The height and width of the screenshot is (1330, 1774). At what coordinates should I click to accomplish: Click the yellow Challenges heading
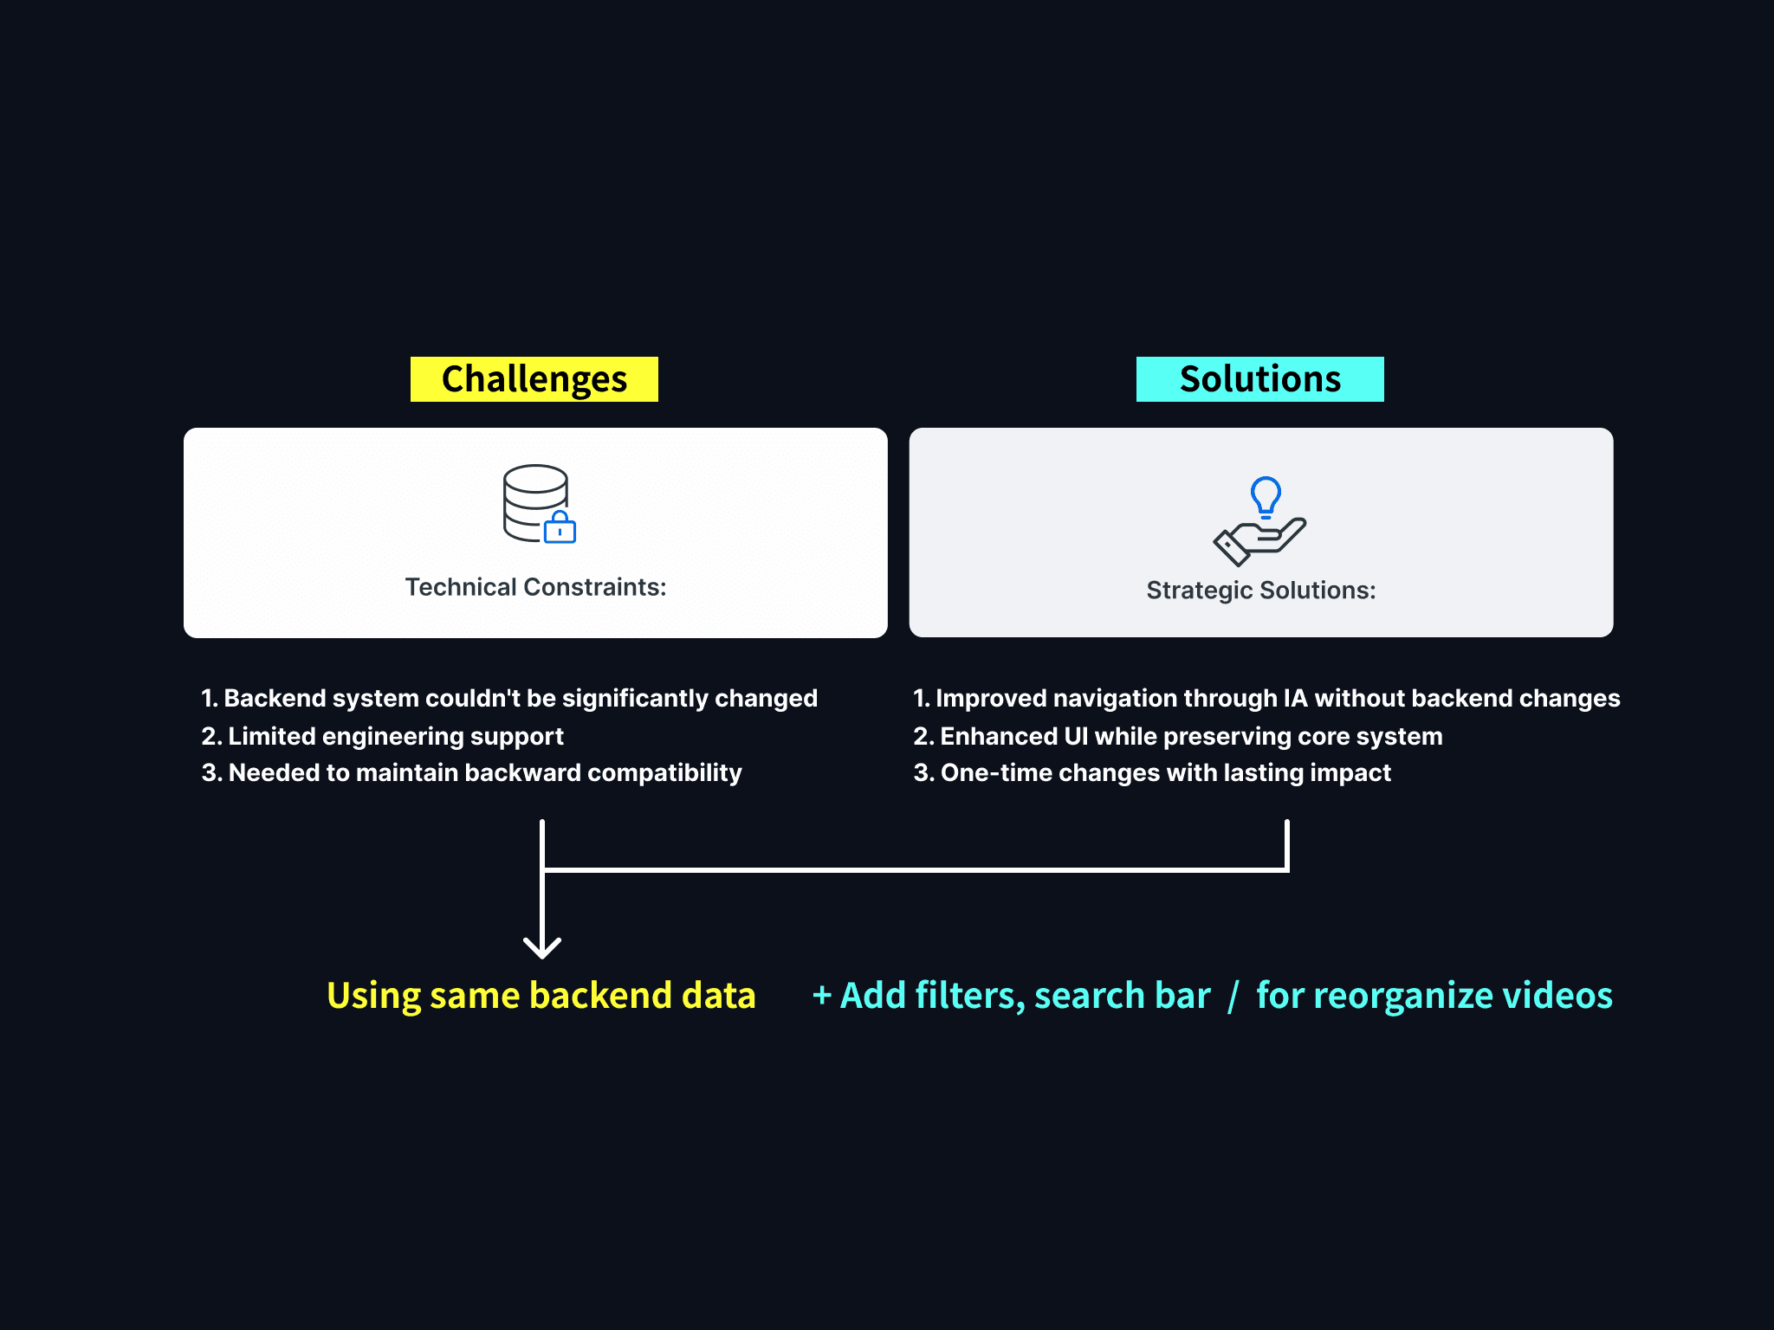click(534, 379)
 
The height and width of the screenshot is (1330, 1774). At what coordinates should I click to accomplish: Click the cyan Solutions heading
click(1259, 379)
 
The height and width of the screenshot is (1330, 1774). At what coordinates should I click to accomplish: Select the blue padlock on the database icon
click(560, 527)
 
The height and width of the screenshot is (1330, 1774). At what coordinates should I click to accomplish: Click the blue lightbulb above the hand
click(1266, 496)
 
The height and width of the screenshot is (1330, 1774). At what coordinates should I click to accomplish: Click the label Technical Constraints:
click(535, 587)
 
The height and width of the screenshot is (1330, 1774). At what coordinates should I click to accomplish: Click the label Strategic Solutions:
click(1260, 591)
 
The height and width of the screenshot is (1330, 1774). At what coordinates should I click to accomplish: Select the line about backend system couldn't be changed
click(509, 698)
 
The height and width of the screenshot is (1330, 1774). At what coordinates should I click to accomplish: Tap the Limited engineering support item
click(382, 736)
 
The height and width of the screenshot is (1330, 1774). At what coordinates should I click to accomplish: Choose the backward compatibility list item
click(471, 772)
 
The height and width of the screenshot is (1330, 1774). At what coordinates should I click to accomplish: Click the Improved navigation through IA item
click(1266, 698)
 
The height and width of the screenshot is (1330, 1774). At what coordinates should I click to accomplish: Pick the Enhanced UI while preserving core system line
click(1177, 736)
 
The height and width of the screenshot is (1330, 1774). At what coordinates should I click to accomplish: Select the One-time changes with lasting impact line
click(1151, 772)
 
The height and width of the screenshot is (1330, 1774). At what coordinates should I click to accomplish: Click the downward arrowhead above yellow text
click(542, 947)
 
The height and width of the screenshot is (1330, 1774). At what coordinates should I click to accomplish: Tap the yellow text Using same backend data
click(541, 996)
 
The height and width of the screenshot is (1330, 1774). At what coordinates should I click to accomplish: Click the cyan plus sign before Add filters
click(822, 995)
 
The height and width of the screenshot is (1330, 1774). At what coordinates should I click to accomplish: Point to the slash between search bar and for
click(1233, 996)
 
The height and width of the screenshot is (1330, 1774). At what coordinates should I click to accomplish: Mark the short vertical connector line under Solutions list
click(1287, 843)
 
